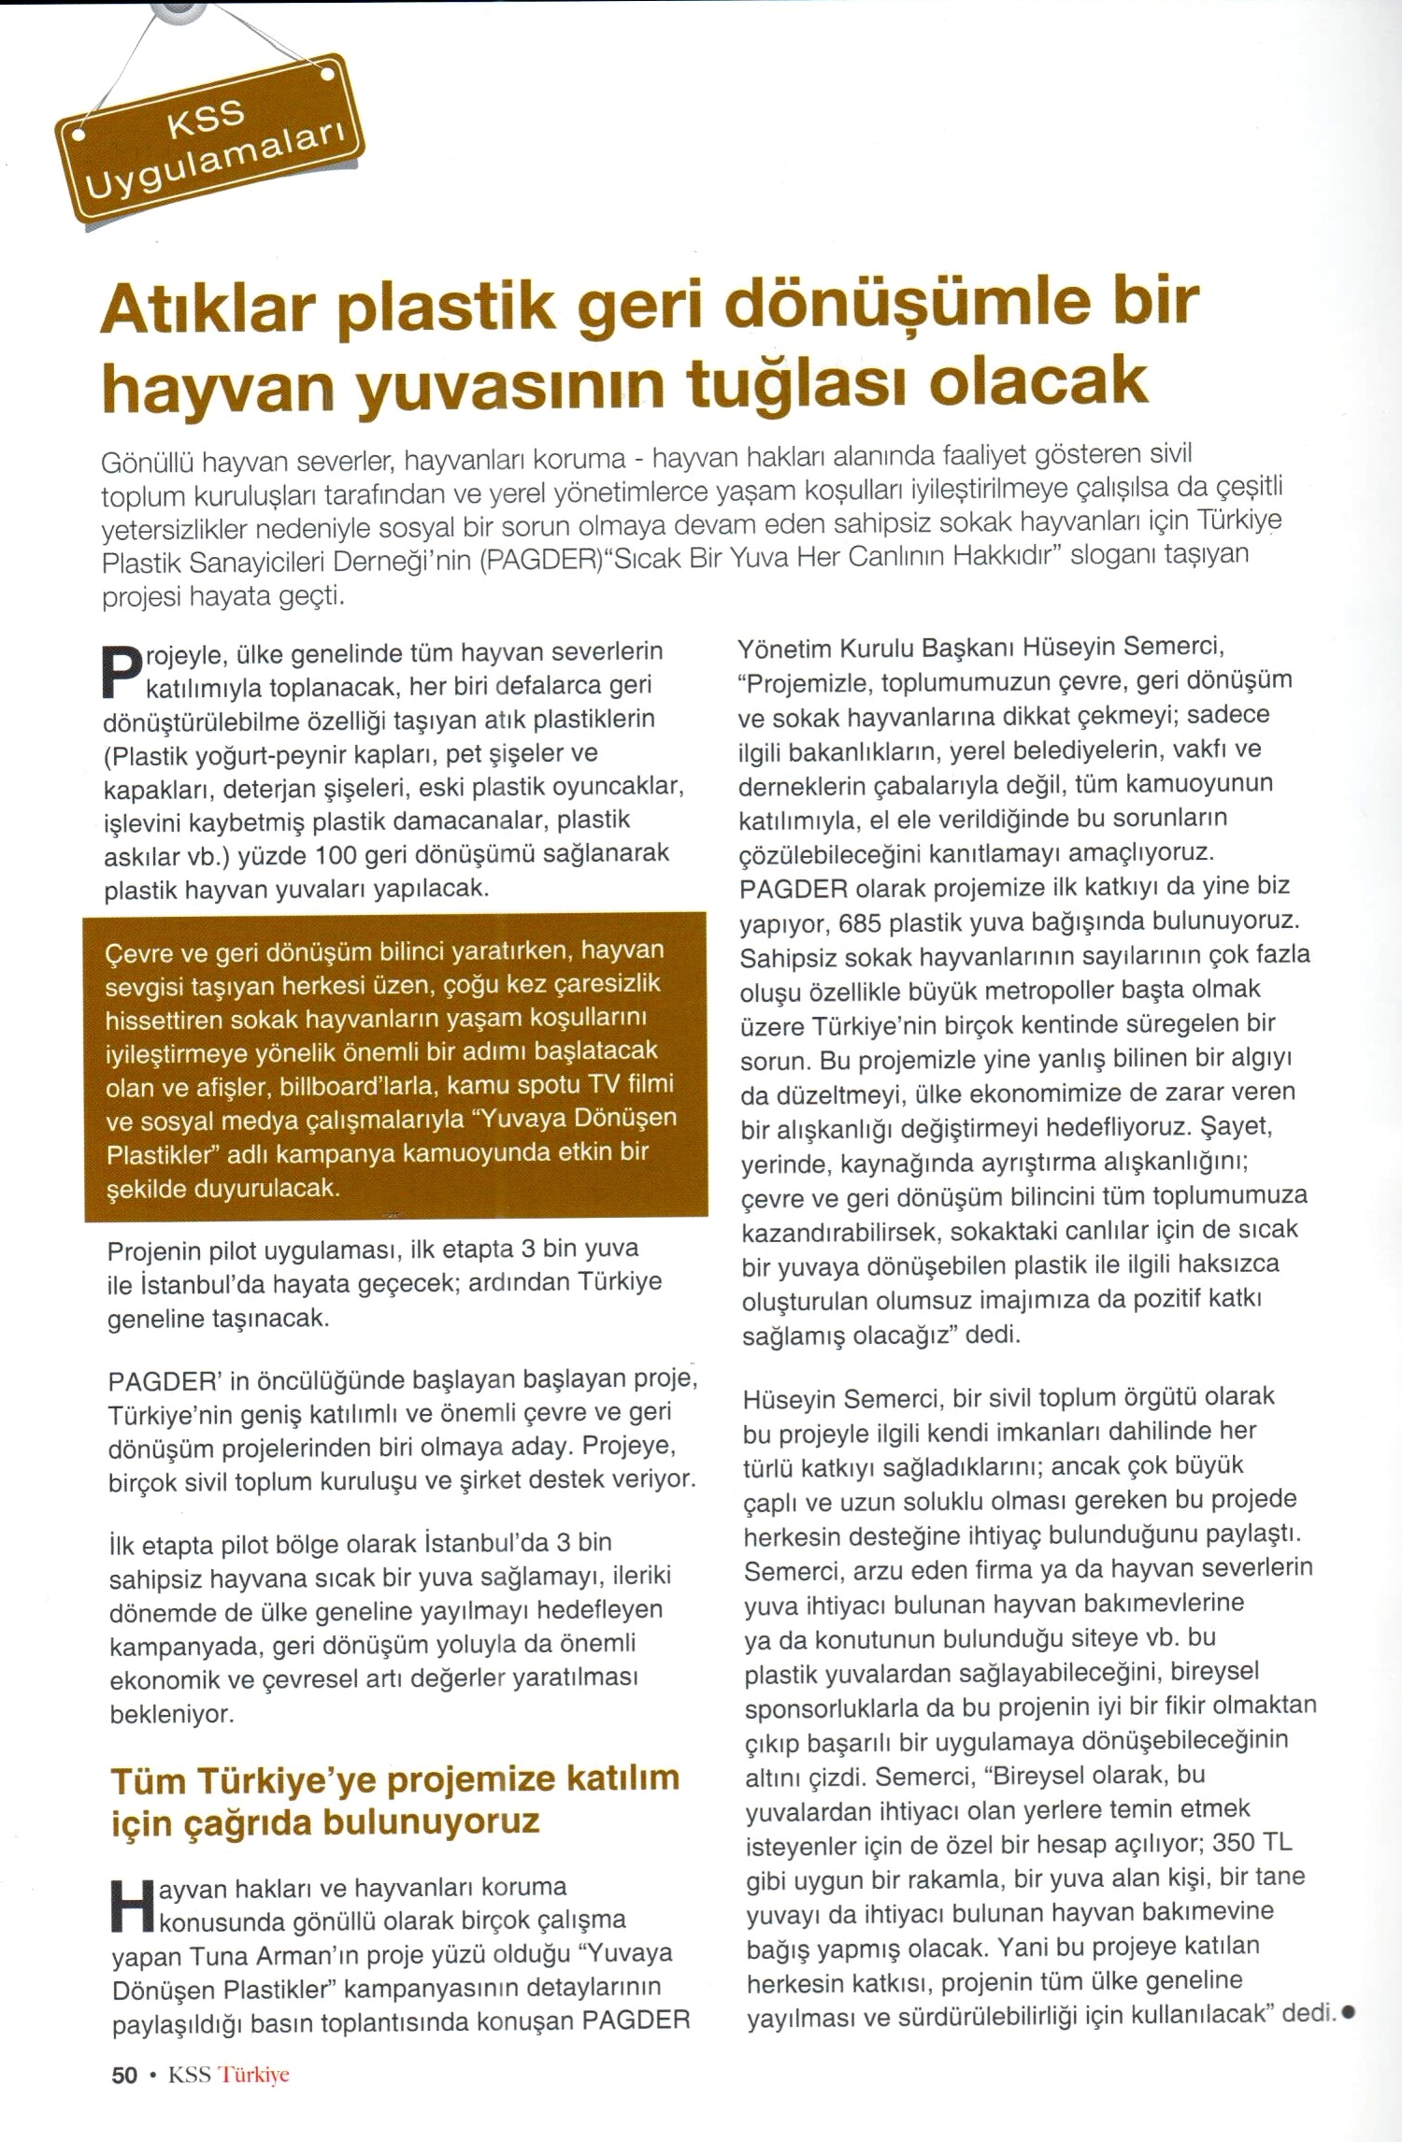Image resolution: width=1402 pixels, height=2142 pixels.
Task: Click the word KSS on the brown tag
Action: [206, 118]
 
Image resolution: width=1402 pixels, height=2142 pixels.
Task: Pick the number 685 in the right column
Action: [860, 921]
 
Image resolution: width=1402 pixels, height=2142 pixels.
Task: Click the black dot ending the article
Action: [1348, 2012]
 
